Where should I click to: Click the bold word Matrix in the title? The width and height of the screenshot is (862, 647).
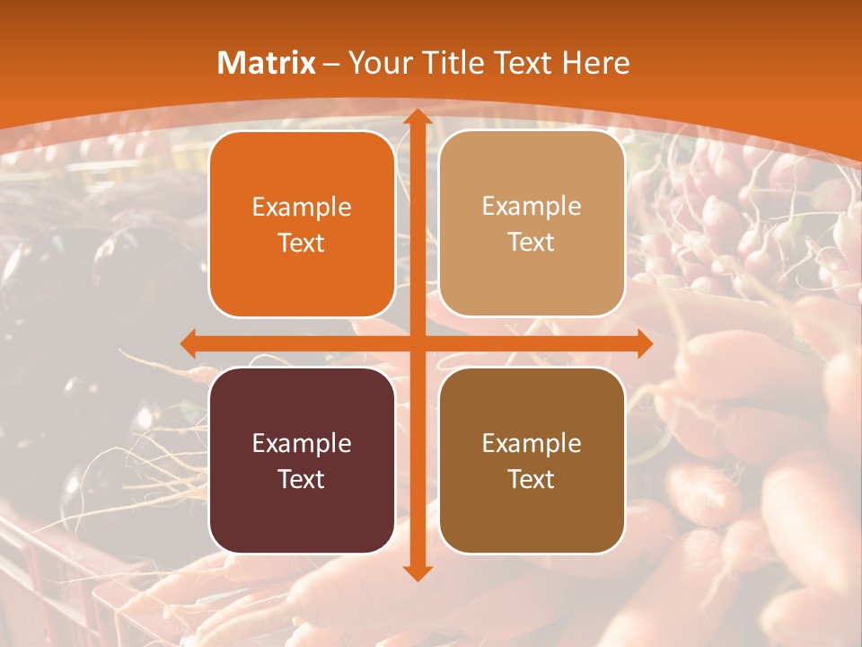(x=267, y=63)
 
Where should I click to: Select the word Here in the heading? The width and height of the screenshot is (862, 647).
(x=596, y=63)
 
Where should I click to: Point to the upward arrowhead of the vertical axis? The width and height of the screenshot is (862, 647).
(x=417, y=117)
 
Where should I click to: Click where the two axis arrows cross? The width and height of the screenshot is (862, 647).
(x=417, y=343)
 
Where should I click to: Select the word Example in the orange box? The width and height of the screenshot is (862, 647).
(x=302, y=208)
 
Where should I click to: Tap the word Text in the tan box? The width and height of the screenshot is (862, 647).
(x=532, y=243)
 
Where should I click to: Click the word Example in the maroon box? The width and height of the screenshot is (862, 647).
(x=302, y=443)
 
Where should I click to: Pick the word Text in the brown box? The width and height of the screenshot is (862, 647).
(x=532, y=479)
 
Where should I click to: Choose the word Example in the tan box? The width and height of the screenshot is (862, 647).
(x=532, y=207)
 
